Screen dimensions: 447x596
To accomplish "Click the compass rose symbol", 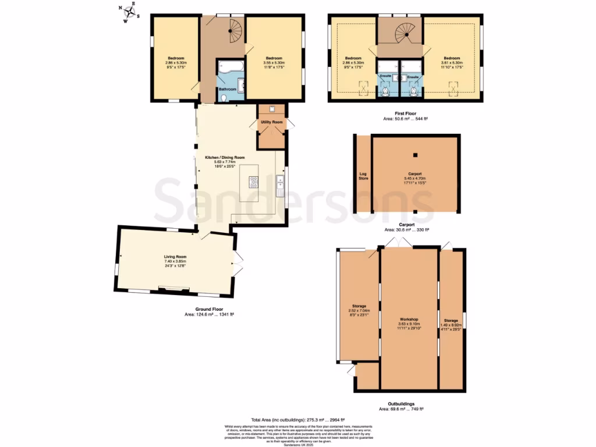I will click(x=129, y=12).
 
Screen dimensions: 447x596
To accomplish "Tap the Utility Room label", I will click(x=272, y=122).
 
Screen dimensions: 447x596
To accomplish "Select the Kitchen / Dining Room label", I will click(x=224, y=158).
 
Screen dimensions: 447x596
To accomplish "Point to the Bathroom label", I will click(x=228, y=89).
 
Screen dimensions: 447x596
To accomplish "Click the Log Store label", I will click(x=363, y=175).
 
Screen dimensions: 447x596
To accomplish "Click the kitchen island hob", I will click(x=254, y=183).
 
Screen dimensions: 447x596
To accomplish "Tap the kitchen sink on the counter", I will click(x=279, y=186).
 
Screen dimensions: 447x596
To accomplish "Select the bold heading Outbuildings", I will click(x=401, y=404).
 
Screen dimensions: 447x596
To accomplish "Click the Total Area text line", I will click(x=298, y=420).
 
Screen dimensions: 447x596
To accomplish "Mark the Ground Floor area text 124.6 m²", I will click(x=209, y=314).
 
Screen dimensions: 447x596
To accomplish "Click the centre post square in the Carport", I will click(x=416, y=155).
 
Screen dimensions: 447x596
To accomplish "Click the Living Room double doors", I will click(x=237, y=264).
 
